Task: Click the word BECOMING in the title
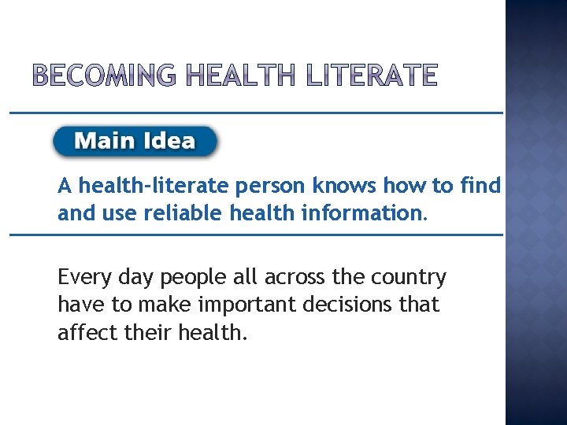click(107, 76)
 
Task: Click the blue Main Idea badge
click(135, 142)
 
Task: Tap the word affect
click(85, 332)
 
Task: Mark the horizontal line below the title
click(256, 113)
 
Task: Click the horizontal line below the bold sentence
click(256, 235)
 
